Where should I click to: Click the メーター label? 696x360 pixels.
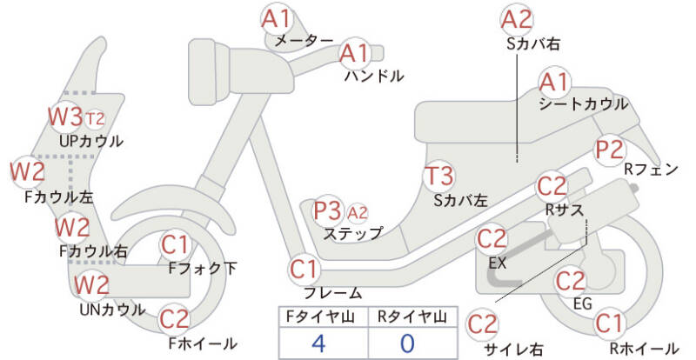(x=304, y=41)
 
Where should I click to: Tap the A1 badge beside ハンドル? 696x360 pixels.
(x=355, y=53)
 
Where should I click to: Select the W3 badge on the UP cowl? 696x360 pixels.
(x=66, y=117)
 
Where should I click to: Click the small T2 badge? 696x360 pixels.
(x=95, y=118)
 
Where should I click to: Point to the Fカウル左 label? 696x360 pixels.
(x=58, y=197)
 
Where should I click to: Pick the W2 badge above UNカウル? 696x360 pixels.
(x=91, y=284)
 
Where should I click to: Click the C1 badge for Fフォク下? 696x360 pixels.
(x=175, y=244)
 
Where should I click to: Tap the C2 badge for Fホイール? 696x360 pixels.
(x=174, y=319)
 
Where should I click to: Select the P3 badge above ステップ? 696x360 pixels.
(x=328, y=210)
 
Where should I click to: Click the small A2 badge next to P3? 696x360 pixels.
(x=358, y=214)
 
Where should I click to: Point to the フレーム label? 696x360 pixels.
(x=333, y=292)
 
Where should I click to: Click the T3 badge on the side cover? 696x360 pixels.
(x=438, y=176)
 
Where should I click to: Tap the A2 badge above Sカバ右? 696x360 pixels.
(x=517, y=20)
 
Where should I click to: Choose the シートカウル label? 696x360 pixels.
(x=583, y=104)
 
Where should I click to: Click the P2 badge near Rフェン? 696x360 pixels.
(x=610, y=150)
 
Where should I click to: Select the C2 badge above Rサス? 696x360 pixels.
(x=552, y=187)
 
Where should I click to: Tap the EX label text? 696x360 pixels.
(x=497, y=263)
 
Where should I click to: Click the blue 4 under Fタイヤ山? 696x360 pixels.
(x=318, y=343)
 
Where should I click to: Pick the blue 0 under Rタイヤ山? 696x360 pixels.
(x=407, y=343)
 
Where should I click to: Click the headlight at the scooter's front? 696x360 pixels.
(x=209, y=71)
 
